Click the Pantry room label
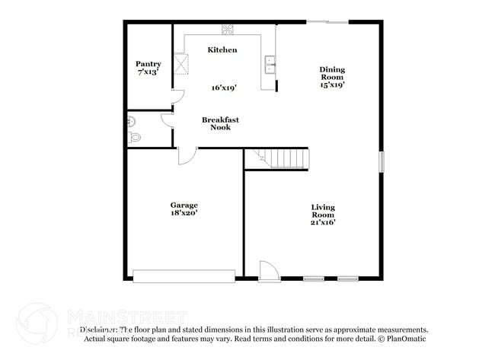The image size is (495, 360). [148, 64]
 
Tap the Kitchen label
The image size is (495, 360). [222, 49]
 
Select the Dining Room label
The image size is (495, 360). [332, 73]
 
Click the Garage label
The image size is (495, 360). [184, 205]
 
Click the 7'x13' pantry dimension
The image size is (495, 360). [148, 72]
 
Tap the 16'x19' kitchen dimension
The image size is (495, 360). [224, 88]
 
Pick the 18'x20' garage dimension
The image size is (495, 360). [184, 214]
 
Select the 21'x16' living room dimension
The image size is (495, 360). [323, 222]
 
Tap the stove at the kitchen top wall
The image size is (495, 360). [227, 30]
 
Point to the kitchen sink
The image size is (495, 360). [270, 64]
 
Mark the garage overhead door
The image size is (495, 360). [184, 276]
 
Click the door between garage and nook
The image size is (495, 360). [187, 155]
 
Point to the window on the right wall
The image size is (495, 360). [382, 161]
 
